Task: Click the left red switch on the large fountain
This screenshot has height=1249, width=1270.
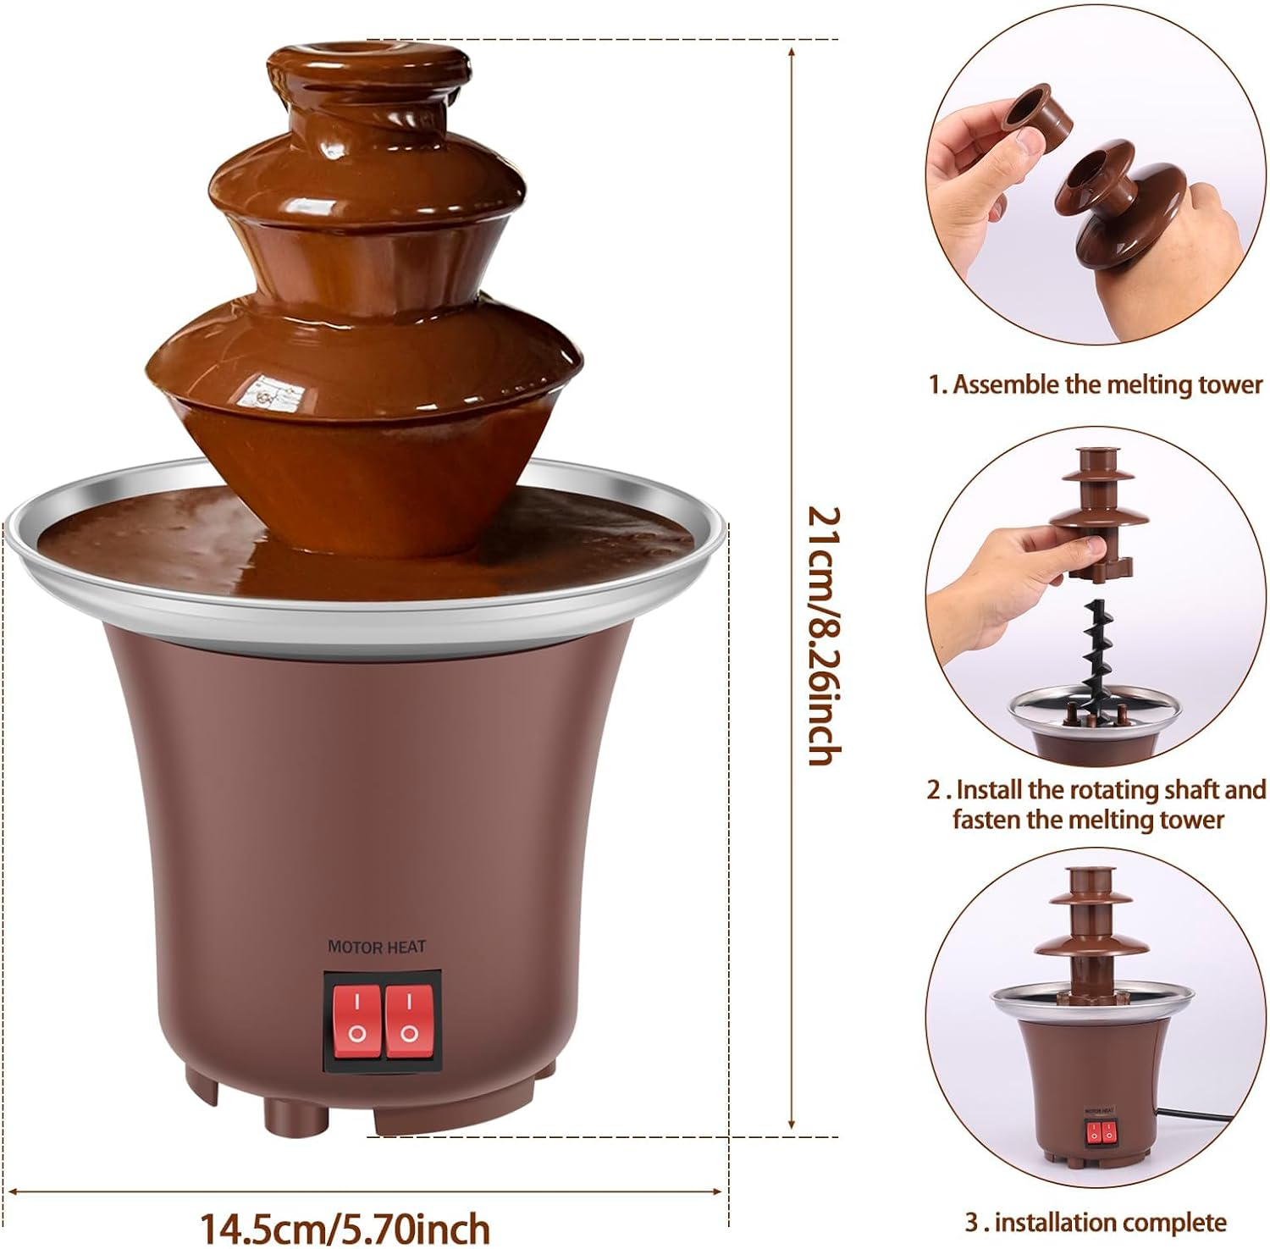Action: (x=356, y=1015)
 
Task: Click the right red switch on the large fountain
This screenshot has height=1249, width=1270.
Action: (x=409, y=1015)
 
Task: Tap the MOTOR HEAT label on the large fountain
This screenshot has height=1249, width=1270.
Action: (x=377, y=946)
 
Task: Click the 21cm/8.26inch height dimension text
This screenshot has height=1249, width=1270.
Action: (x=823, y=635)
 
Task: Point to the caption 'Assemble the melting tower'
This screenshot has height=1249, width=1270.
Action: (x=1107, y=384)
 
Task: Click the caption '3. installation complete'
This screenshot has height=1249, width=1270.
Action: (x=1096, y=1222)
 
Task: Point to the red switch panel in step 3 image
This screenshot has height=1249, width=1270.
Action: (x=1100, y=1131)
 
